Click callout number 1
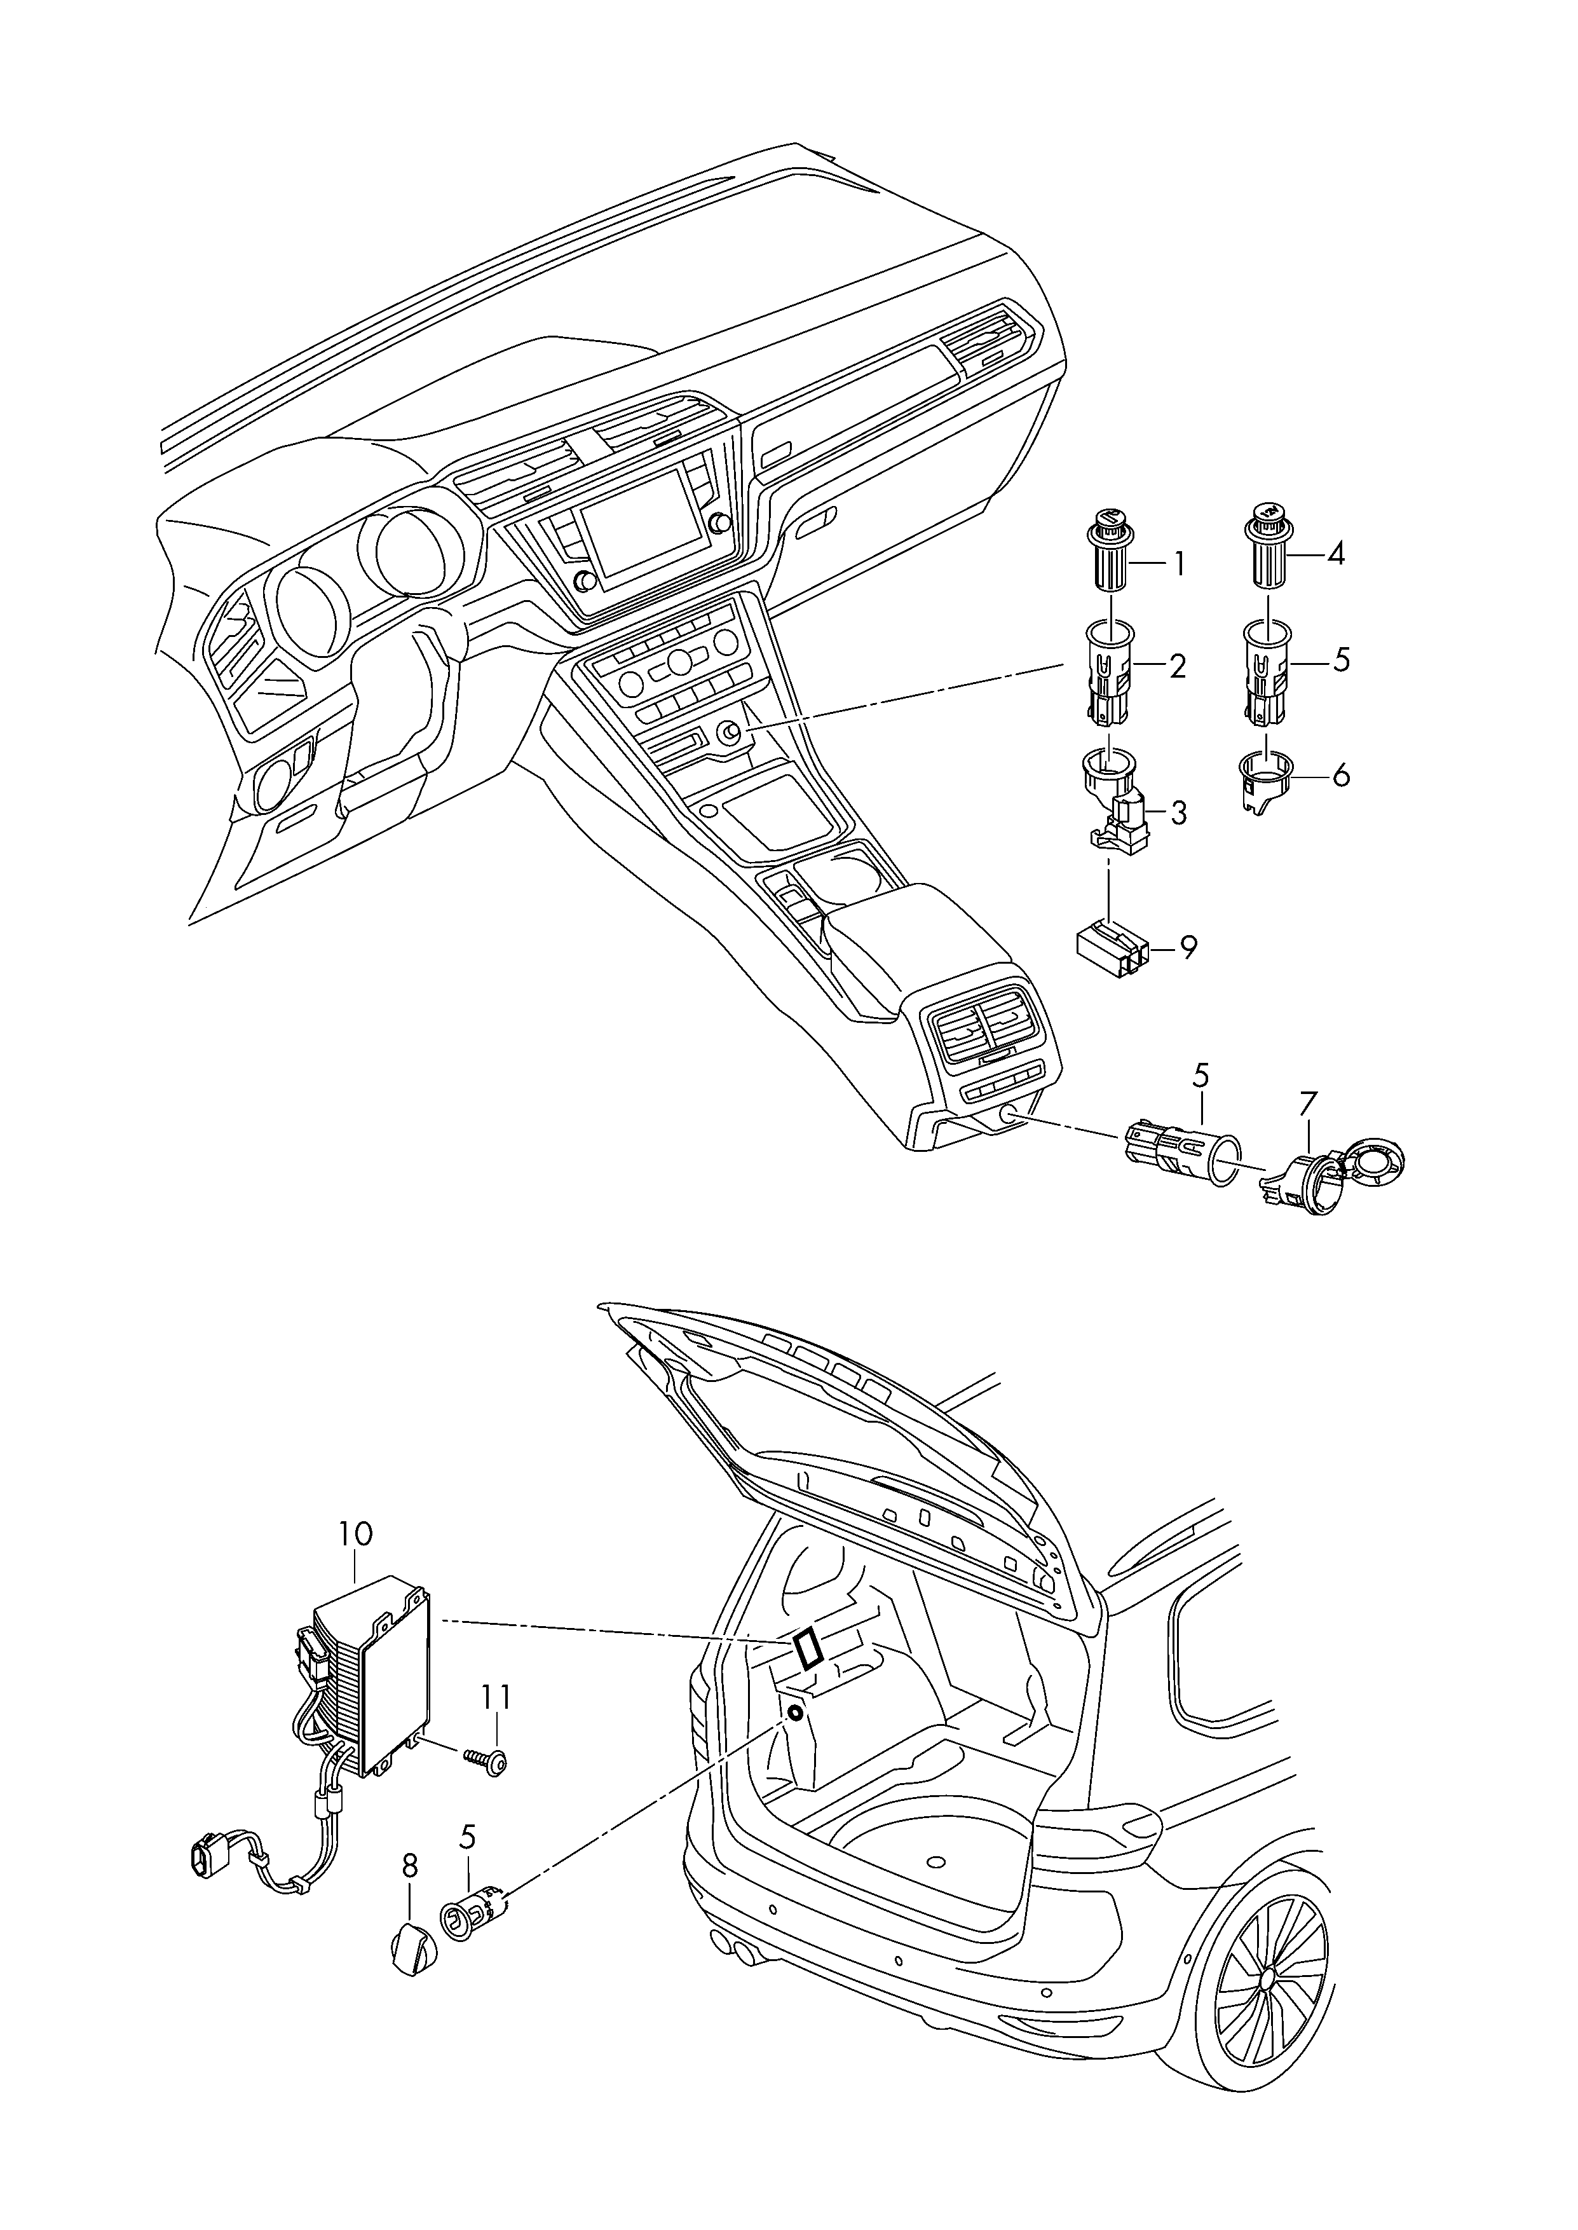point(1180,564)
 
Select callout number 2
point(1178,667)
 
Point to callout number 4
point(1336,555)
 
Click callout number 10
point(356,1561)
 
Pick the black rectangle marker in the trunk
point(808,1651)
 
